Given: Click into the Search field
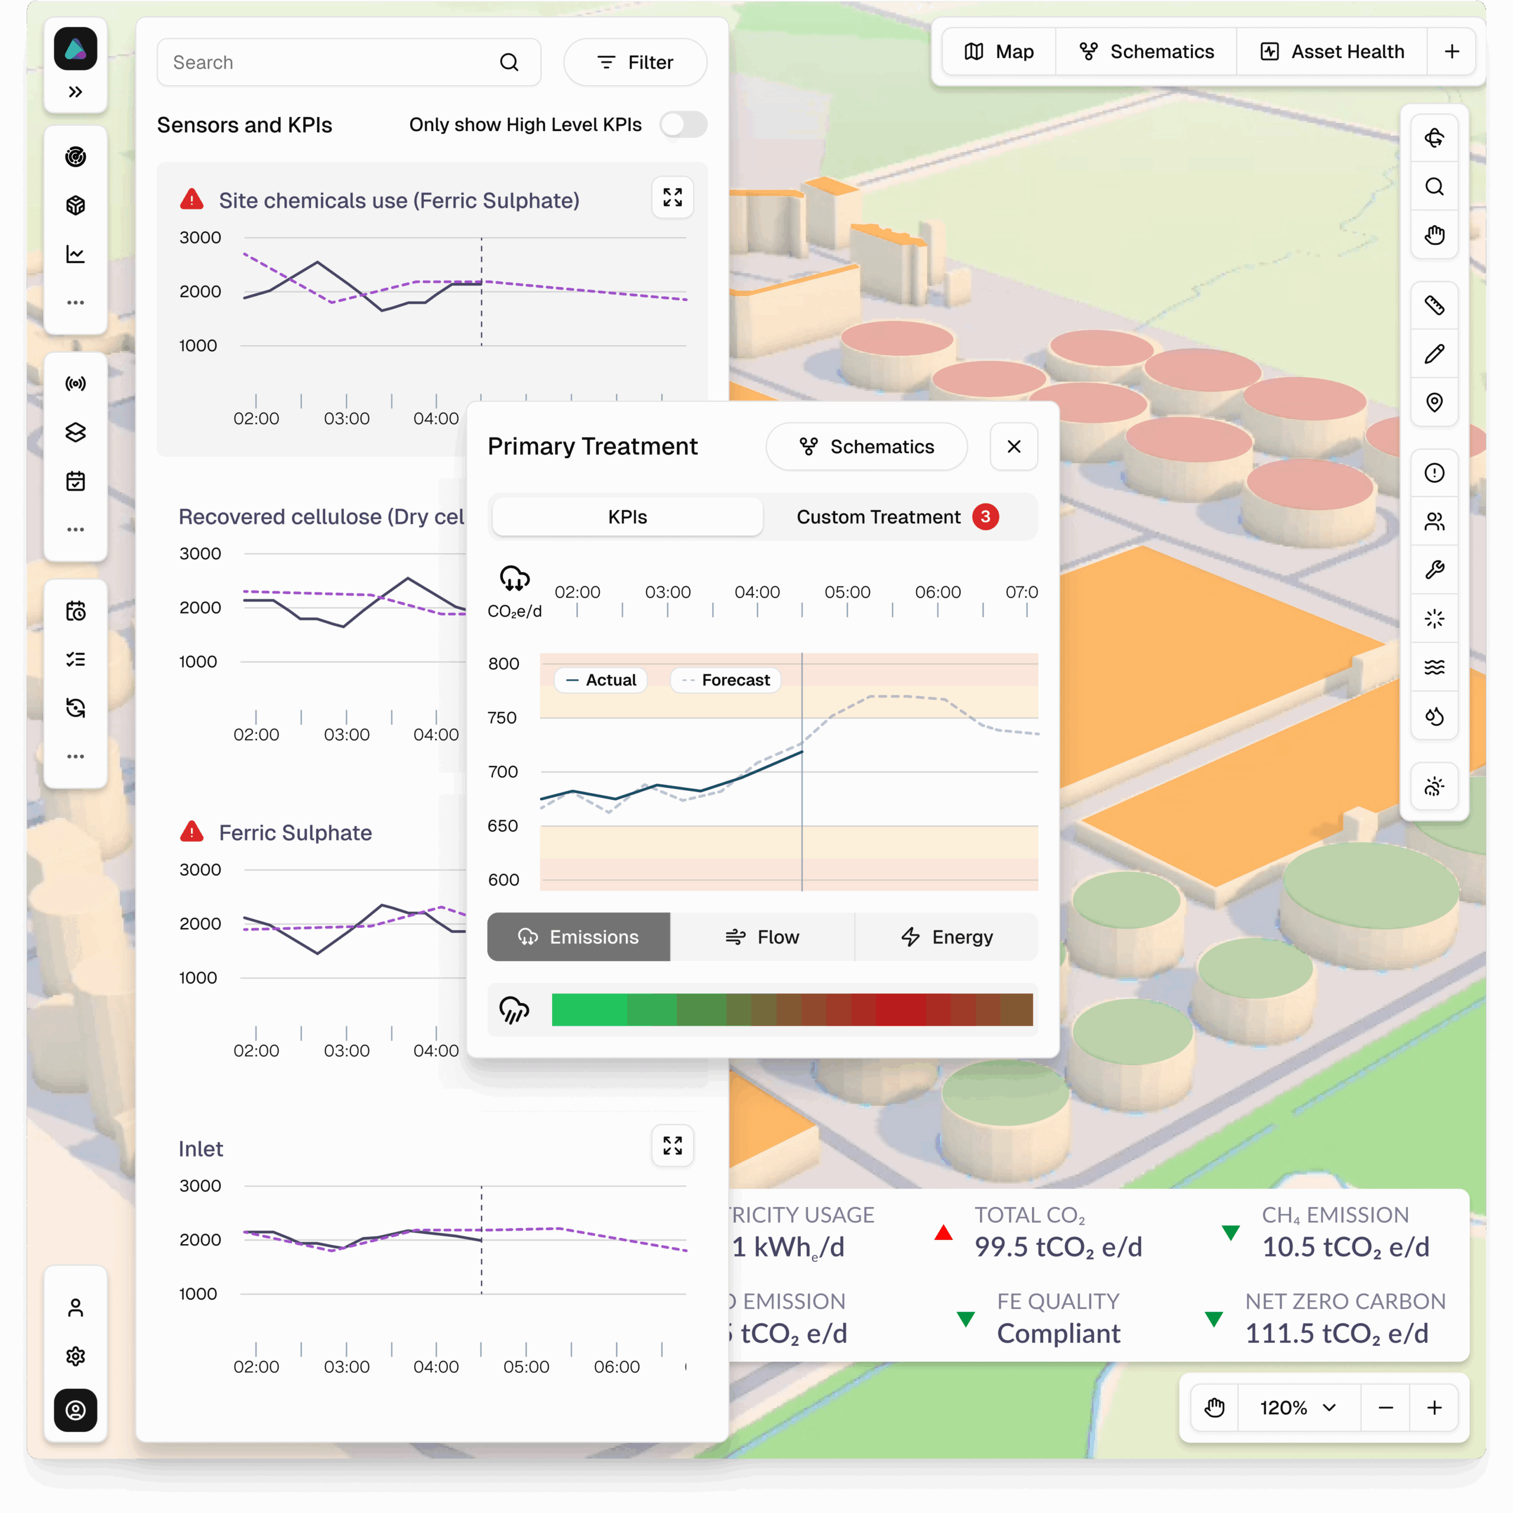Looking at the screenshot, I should pyautogui.click(x=329, y=63).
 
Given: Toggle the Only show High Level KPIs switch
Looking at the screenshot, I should pyautogui.click(x=683, y=125).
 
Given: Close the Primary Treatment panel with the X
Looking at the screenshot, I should pyautogui.click(x=1014, y=446).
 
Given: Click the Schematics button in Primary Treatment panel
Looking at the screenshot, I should pyautogui.click(x=866, y=446).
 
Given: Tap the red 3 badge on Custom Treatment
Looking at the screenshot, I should pyautogui.click(x=985, y=517).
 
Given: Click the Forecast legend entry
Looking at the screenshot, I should pyautogui.click(x=726, y=680).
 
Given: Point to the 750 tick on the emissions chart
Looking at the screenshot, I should pyautogui.click(x=502, y=718).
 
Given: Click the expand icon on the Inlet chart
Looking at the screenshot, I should pyautogui.click(x=672, y=1146).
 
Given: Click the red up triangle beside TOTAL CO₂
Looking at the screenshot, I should pyautogui.click(x=944, y=1233).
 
